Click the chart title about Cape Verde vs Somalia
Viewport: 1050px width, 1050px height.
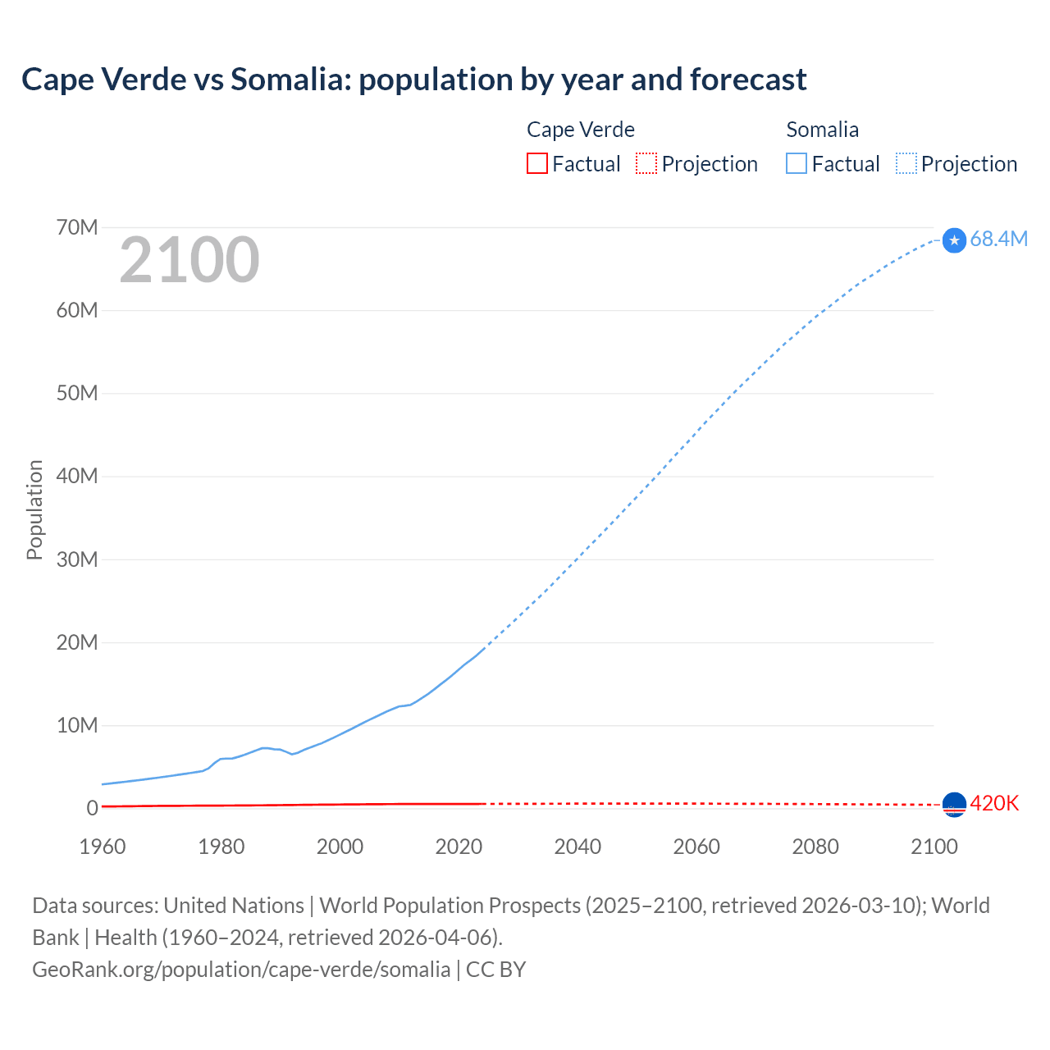coord(413,80)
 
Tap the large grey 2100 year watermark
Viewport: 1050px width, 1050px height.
coord(189,260)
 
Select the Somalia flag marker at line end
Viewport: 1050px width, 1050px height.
coord(954,240)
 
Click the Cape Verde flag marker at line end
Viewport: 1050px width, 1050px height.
coord(954,805)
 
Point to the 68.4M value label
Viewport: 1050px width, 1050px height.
coord(998,239)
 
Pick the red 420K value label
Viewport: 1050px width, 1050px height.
coord(994,803)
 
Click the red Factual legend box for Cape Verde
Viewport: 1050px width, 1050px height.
coord(536,163)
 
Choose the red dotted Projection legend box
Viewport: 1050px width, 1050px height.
coord(646,163)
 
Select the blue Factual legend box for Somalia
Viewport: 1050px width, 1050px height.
coord(796,163)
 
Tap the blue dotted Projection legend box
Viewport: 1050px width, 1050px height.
coord(906,163)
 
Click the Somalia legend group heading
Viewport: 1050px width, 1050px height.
coord(822,130)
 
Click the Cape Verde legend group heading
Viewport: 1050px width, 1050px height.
coord(580,130)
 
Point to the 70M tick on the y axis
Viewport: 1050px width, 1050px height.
coord(77,227)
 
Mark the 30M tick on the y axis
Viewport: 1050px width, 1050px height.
coord(77,559)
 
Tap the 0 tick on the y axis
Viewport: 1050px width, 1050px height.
coord(92,808)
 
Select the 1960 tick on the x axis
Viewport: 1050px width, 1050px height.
coord(103,847)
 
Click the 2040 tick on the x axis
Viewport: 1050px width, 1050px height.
coord(577,847)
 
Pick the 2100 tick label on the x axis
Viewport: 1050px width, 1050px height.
coord(934,847)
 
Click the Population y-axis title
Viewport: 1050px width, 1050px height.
coord(34,509)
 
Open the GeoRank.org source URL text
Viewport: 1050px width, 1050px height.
coord(241,969)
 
